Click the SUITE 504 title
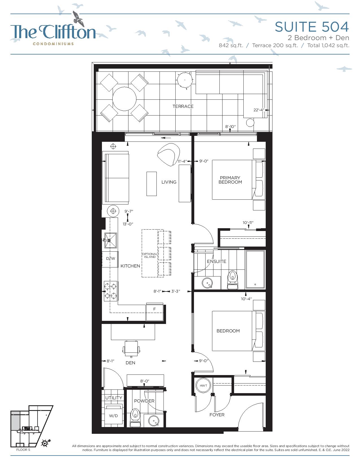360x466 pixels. [x=312, y=27]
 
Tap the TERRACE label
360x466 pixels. [x=183, y=106]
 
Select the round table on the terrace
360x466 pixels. [x=124, y=99]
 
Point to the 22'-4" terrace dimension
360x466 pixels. [x=259, y=110]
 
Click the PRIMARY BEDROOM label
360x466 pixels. [x=230, y=180]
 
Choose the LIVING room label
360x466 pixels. [x=169, y=182]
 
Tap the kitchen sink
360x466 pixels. [x=111, y=240]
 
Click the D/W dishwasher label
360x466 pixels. [x=111, y=259]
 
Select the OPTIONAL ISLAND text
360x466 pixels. [x=150, y=255]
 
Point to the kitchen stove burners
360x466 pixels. [x=111, y=291]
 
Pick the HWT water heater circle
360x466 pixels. [x=203, y=386]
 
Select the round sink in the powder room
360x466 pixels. [x=154, y=421]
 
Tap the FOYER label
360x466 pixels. [x=217, y=415]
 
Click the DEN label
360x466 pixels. [x=130, y=363]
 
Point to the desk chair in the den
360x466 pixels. [x=132, y=349]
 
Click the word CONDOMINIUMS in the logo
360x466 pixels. [x=53, y=44]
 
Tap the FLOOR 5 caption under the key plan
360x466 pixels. [x=23, y=450]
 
